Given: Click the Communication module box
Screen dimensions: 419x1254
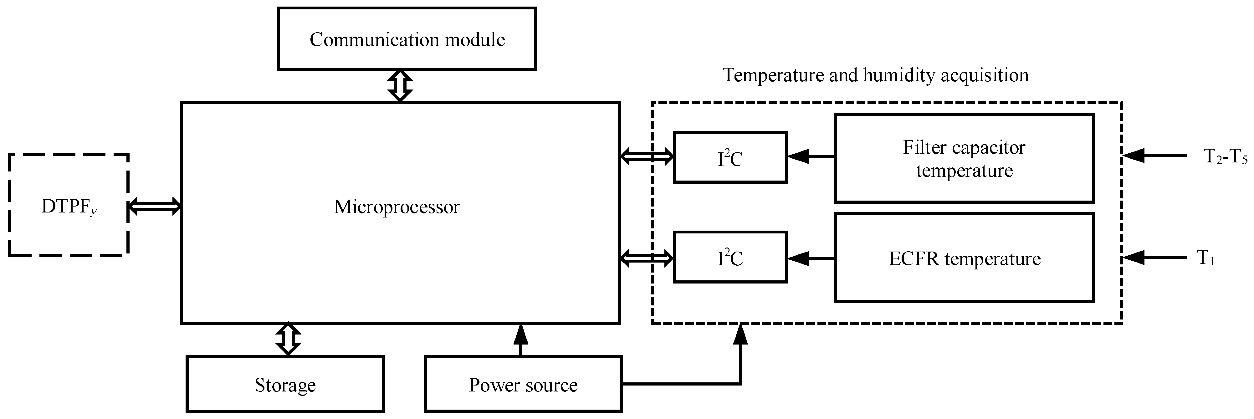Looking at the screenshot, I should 407,39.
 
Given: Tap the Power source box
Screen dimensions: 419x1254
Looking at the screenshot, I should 523,385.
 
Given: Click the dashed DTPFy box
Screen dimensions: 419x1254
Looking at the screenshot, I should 69,205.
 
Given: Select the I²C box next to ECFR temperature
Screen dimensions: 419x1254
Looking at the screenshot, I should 730,258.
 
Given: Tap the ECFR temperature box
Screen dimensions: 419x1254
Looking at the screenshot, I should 964,258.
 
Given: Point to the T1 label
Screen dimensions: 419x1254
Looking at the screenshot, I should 1205,258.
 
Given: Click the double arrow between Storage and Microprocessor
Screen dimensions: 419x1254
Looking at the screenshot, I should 288,339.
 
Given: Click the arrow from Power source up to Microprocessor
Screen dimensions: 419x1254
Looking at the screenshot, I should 521,341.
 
